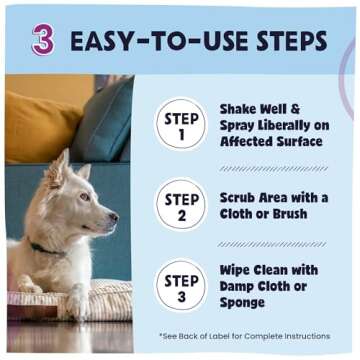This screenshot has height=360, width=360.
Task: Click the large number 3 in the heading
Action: click(x=43, y=39)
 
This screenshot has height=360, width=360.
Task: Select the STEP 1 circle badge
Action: click(x=182, y=126)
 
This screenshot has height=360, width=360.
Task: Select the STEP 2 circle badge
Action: click(x=182, y=204)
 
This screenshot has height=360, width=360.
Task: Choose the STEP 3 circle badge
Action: click(x=182, y=283)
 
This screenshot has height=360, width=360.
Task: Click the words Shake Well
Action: click(x=259, y=107)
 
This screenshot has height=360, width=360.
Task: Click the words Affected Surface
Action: click(x=271, y=142)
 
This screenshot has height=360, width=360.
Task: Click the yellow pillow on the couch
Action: click(x=40, y=125)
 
